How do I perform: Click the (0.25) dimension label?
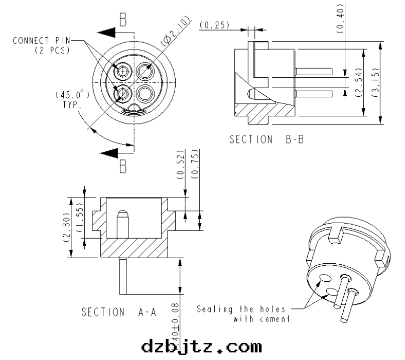coord(214,25)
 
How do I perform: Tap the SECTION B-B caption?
coord(266,139)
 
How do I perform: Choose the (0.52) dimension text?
coord(181,165)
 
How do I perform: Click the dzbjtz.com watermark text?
coord(201,346)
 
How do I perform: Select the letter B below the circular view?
coord(123,166)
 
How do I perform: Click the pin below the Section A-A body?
coord(123,276)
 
